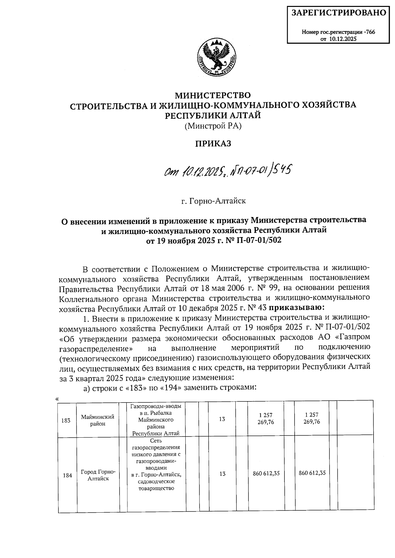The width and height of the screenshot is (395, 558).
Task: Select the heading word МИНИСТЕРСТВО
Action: [x=212, y=95]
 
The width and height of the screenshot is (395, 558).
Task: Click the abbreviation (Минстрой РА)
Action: [x=213, y=126]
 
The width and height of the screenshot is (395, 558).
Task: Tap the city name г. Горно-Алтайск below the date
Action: [x=213, y=201]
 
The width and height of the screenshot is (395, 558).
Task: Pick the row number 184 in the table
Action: [x=67, y=475]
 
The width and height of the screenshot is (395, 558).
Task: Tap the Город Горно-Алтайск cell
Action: [x=98, y=475]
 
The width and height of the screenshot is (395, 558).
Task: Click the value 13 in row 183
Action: [x=222, y=419]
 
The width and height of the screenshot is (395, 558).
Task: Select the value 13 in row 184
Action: [x=222, y=473]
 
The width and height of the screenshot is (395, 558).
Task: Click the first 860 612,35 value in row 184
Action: [x=266, y=473]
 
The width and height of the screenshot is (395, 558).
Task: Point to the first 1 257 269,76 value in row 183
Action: [x=266, y=418]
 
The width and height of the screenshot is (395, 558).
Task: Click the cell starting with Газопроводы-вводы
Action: [x=156, y=420]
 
